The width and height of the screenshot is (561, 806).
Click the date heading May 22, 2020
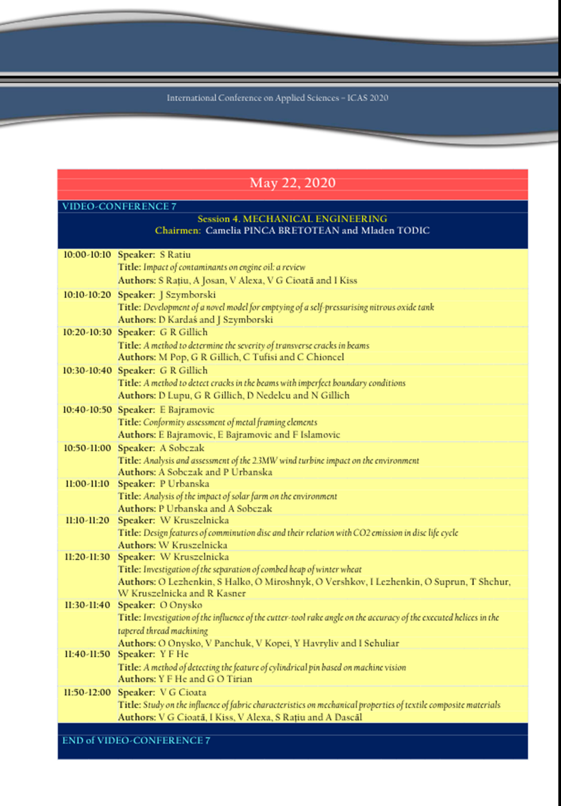[292, 183]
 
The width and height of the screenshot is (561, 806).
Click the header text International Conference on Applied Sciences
[278, 98]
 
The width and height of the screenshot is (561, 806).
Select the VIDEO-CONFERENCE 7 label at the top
[119, 207]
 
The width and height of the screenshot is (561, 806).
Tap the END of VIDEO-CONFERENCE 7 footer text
[136, 740]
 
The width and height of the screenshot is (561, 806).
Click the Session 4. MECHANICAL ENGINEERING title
[292, 219]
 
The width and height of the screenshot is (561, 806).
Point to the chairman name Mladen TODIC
[395, 230]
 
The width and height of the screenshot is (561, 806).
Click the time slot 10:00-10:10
[87, 254]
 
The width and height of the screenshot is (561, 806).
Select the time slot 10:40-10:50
[87, 410]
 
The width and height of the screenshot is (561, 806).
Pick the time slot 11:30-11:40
[87, 605]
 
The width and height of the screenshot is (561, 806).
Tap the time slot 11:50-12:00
[87, 692]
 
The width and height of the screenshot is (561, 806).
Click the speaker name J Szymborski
[187, 294]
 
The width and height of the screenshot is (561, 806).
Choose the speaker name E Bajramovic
[187, 410]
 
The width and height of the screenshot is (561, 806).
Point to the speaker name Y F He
[174, 654]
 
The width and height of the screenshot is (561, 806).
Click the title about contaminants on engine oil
[224, 267]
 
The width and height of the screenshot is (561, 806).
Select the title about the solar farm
[240, 496]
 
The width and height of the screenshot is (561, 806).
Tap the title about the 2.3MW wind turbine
[280, 460]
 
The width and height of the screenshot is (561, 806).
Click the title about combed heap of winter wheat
[252, 569]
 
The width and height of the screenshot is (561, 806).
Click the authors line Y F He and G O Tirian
[205, 679]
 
